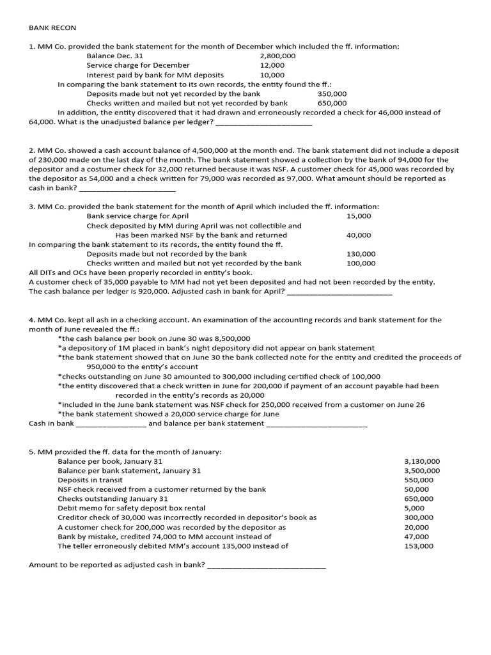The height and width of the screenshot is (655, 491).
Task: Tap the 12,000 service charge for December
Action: click(272, 65)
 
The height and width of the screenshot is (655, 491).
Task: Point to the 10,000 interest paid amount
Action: click(272, 75)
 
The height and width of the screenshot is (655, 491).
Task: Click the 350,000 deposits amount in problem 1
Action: click(332, 93)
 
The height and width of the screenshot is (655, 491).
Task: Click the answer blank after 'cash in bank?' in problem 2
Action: click(127, 189)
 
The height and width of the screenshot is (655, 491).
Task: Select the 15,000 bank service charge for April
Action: click(359, 216)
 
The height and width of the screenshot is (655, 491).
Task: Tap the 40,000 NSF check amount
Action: click(359, 235)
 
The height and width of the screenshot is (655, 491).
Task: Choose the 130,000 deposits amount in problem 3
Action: click(361, 254)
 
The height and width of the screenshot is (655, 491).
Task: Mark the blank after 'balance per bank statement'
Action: click(316, 423)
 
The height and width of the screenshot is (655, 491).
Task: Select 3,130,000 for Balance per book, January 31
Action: click(422, 461)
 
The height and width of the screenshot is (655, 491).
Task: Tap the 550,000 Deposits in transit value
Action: click(419, 480)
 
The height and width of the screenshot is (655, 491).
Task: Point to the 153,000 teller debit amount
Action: click(419, 546)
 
